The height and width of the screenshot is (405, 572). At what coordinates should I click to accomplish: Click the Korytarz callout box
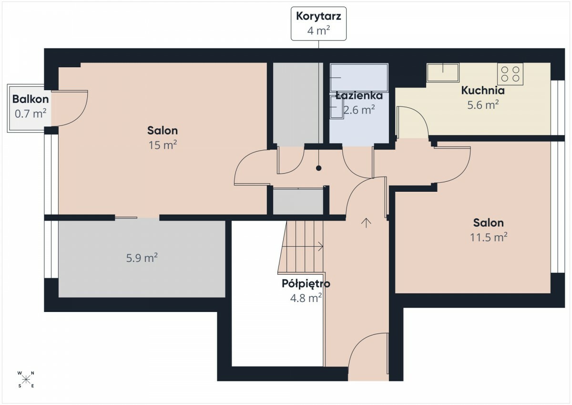tap(318, 23)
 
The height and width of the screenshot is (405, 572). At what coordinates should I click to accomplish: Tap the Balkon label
tap(31, 99)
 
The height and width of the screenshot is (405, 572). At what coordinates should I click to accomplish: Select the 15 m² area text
tap(163, 145)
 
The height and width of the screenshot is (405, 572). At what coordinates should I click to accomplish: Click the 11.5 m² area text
tap(489, 237)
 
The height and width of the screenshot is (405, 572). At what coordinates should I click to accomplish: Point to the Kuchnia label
tap(483, 91)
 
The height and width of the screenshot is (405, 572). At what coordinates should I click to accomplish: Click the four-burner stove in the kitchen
tap(510, 74)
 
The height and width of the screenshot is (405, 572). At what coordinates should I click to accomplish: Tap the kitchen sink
tap(443, 73)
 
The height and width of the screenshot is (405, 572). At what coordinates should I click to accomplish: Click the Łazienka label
tap(359, 95)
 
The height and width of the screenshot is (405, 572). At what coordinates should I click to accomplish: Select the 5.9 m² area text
tap(142, 258)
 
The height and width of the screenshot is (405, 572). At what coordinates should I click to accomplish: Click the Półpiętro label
tap(306, 284)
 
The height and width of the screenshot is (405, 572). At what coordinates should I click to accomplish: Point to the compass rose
tap(26, 379)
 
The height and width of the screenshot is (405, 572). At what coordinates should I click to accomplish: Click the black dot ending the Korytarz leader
tap(318, 168)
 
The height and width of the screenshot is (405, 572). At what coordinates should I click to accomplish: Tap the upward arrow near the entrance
tap(366, 223)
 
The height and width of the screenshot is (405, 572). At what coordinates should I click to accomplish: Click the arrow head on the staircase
tap(321, 247)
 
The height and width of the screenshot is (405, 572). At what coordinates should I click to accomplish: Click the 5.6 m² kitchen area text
tap(483, 104)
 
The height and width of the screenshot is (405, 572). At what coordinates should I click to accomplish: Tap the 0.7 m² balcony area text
tap(31, 114)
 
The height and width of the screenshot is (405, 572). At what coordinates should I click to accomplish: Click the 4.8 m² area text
tap(306, 298)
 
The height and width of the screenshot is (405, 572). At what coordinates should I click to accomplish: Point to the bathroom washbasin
tap(337, 107)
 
